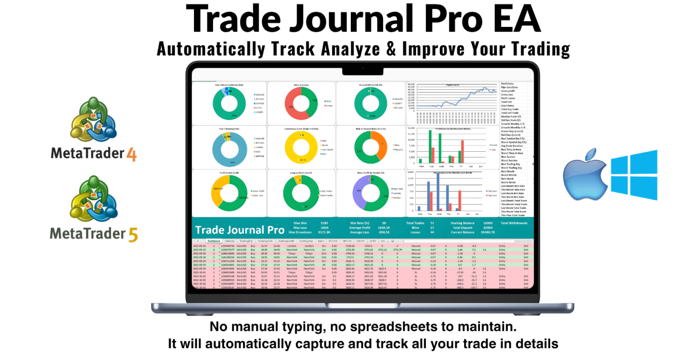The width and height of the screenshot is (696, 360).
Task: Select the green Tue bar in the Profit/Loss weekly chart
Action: (x=430, y=146)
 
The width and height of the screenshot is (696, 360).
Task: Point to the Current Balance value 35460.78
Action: (x=488, y=232)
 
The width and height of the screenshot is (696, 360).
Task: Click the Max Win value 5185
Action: (x=324, y=223)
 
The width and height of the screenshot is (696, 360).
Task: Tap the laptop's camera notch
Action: (x=362, y=71)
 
